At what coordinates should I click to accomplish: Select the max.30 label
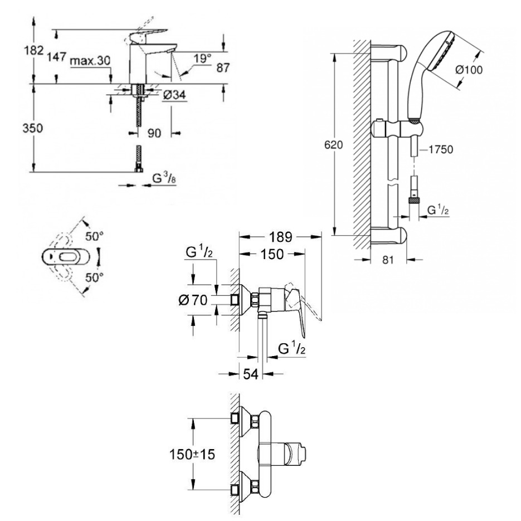(91, 61)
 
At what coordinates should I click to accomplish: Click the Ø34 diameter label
(174, 95)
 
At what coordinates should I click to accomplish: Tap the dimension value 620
(333, 144)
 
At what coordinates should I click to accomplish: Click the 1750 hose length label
(440, 149)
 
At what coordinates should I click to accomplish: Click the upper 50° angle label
(95, 236)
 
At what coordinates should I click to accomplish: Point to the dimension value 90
(154, 133)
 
